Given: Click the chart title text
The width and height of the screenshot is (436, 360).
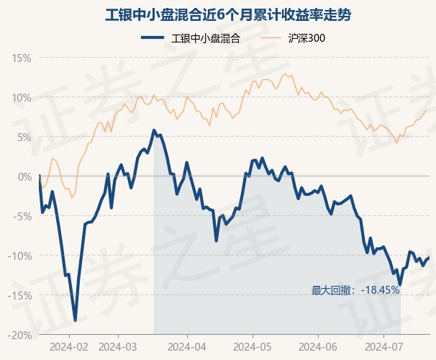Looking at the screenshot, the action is pos(228,14).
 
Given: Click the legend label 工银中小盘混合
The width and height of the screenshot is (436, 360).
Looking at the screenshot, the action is pos(206,38).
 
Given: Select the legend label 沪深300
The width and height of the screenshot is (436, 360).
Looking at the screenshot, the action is pos(306,38).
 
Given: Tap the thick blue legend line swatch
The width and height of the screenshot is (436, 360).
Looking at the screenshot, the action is pos(153,38).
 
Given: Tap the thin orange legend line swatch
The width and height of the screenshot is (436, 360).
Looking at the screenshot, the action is pos(271,38).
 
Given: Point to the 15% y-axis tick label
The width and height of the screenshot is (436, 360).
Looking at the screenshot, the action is pos(21,58).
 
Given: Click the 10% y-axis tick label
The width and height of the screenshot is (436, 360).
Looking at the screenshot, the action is pos(21,98).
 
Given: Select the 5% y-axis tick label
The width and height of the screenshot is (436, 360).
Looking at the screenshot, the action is pos(24,138).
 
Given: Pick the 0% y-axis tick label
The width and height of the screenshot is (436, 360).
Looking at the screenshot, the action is pos(24,177).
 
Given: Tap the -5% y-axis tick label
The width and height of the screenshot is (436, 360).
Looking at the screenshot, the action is pos(22,217).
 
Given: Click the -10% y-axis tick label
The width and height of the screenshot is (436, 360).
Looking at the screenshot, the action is pos(19,256).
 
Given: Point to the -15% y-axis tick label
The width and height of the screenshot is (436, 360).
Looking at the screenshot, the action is pos(19,296).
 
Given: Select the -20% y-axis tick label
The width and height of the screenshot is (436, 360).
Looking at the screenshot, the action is pos(19,336).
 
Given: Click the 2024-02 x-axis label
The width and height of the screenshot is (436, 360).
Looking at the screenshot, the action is pos(69,347).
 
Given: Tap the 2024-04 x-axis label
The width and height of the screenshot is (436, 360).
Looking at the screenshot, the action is pos(187,347).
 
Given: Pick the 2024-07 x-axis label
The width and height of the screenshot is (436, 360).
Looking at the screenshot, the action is pos(383,347).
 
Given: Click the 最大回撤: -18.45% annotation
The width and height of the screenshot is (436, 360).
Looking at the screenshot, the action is pos(355,290).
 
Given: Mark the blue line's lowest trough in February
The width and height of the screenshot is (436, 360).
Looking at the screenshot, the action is pos(75,320).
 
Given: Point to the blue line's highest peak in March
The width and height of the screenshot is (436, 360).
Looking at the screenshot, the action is pos(154,130).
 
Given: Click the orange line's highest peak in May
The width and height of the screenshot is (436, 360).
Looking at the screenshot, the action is pos(284,73).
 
